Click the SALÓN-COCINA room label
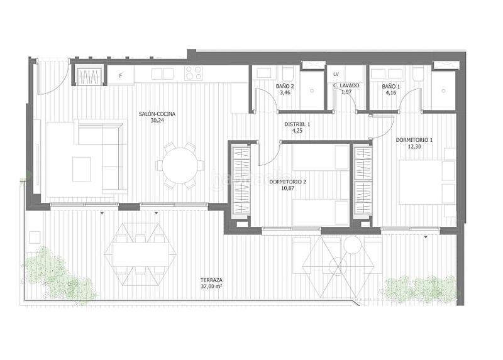pos(157,114)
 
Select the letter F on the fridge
pos(121,75)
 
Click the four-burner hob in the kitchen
pos(193,74)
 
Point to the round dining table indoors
pos(179,166)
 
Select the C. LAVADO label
pos(346,85)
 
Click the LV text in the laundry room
pos(336,74)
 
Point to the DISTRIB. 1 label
pos(297,124)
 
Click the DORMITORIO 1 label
pos(414,139)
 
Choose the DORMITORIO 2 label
pos(288,182)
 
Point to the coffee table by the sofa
pos(82,168)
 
